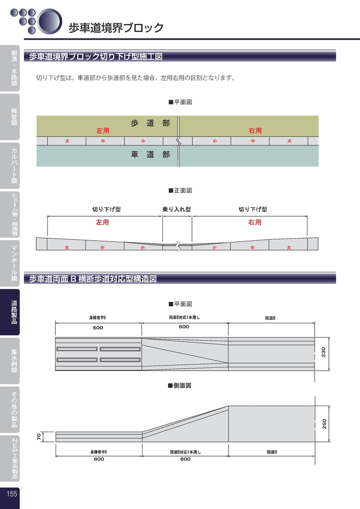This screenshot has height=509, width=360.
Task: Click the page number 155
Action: tap(12, 494)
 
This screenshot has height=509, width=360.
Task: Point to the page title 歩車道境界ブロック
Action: tap(116, 27)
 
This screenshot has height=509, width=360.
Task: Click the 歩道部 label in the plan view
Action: tap(150, 123)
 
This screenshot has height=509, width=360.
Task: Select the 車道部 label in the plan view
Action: tap(150, 155)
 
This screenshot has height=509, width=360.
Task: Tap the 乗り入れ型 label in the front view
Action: tap(177, 209)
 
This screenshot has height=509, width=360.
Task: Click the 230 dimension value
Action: tap(323, 352)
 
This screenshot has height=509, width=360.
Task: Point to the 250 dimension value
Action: tap(324, 423)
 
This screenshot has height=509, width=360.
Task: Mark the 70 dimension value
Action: tap(39, 437)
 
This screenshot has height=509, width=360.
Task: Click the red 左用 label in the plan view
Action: tap(102, 130)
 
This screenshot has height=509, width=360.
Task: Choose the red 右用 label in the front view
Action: tap(255, 222)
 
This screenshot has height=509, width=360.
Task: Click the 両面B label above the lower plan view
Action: tap(270, 318)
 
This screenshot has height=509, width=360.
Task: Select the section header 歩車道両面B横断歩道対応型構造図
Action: tap(93, 279)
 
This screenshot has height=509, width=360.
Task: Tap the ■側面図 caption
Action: tap(180, 386)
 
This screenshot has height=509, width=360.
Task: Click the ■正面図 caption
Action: tap(180, 190)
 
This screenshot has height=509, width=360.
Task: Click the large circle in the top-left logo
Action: tap(49, 21)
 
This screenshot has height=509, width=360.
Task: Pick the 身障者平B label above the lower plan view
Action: tap(98, 318)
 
